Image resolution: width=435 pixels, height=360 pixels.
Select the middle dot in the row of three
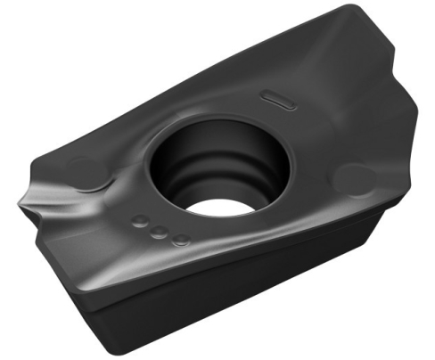(160, 232)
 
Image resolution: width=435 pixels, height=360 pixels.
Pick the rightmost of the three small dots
(181, 239)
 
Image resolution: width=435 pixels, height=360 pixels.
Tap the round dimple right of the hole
(349, 177)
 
